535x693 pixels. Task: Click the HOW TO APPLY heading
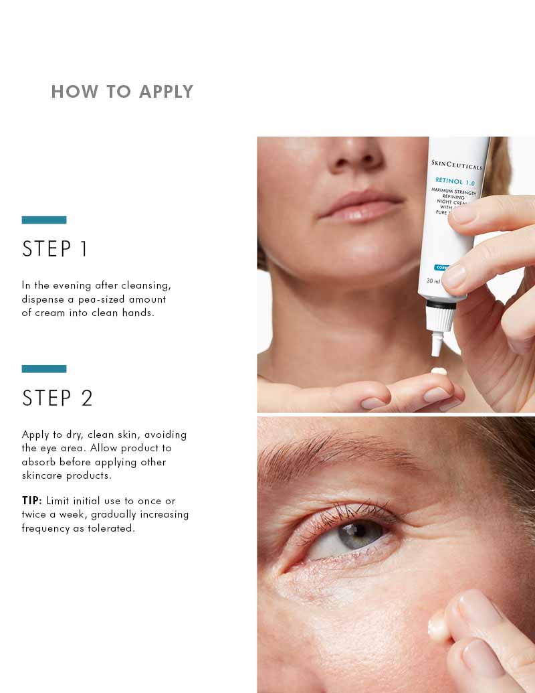point(122,92)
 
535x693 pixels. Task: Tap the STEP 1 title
point(56,249)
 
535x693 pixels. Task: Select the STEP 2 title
point(58,398)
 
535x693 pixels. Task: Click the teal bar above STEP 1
point(44,220)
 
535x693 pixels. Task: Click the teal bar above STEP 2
point(44,369)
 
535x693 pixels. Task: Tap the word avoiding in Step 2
point(165,435)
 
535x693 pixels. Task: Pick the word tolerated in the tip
point(111,528)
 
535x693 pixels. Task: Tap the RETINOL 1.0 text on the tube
point(455,181)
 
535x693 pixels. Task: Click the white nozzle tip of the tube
point(437,345)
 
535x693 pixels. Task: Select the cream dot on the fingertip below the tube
point(439,371)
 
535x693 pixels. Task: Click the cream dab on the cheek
point(437,627)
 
